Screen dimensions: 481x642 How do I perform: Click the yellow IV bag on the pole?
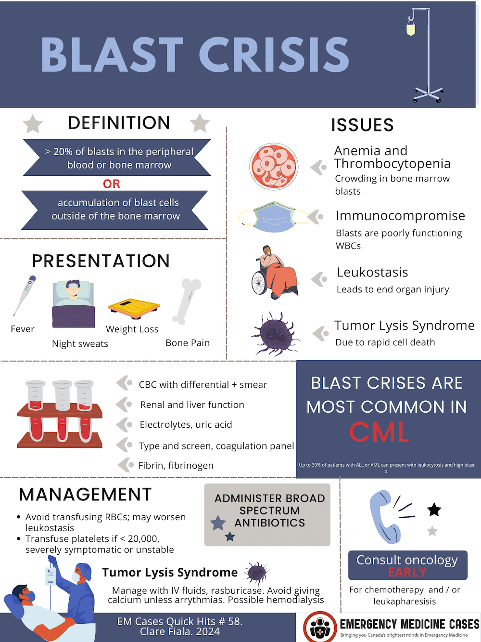(x=411, y=29)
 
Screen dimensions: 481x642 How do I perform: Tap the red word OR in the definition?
(x=111, y=184)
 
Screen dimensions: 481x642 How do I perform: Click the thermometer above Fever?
(x=24, y=296)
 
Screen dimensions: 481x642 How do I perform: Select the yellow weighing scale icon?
(x=134, y=309)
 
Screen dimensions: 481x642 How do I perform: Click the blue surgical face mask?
(x=274, y=217)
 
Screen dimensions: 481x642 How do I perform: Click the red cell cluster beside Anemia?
(x=274, y=167)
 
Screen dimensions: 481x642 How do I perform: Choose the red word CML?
(x=380, y=432)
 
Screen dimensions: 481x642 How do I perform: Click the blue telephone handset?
(x=384, y=518)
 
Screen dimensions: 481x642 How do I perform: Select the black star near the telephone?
(x=434, y=510)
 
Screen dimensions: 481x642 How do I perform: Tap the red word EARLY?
(x=407, y=572)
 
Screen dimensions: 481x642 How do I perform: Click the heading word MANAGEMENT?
(x=85, y=495)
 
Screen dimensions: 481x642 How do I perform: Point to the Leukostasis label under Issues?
(x=372, y=272)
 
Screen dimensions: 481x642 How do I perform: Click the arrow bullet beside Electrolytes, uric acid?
(x=124, y=425)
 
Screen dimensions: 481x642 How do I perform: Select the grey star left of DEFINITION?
(x=33, y=124)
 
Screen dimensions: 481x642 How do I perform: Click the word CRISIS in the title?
(x=274, y=54)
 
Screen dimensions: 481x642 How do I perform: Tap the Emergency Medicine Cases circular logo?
(x=320, y=627)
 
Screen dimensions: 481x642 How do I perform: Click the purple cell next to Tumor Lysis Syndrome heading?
(x=257, y=572)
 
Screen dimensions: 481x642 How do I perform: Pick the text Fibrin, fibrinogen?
(x=176, y=465)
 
